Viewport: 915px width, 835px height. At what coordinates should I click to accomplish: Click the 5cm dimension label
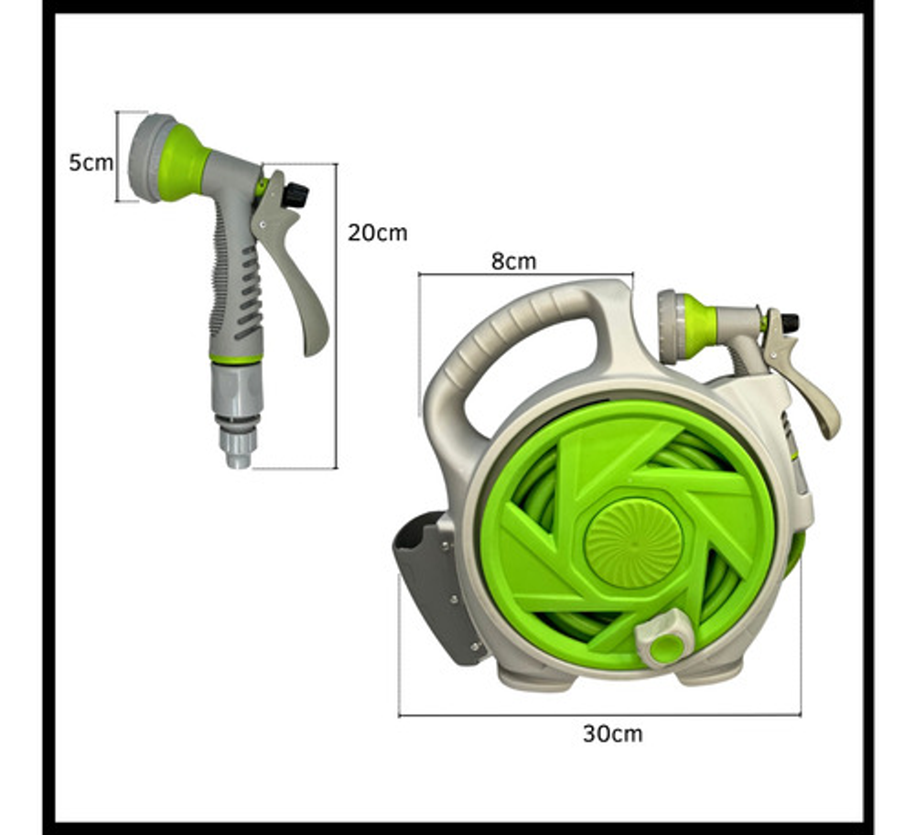pyautogui.click(x=91, y=163)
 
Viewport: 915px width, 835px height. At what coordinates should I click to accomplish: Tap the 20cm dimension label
pyautogui.click(x=378, y=233)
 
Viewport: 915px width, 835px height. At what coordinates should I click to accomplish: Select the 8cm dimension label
pyautogui.click(x=513, y=261)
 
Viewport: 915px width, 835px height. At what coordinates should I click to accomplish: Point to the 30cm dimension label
pyautogui.click(x=613, y=733)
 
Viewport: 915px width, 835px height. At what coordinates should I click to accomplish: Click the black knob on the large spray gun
pyautogui.click(x=296, y=194)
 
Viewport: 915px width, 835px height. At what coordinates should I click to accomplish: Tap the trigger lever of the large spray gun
pyautogui.click(x=292, y=263)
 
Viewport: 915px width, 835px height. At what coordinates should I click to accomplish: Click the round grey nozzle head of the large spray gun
pyautogui.click(x=149, y=157)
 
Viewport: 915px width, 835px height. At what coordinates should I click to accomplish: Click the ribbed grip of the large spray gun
pyautogui.click(x=236, y=287)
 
